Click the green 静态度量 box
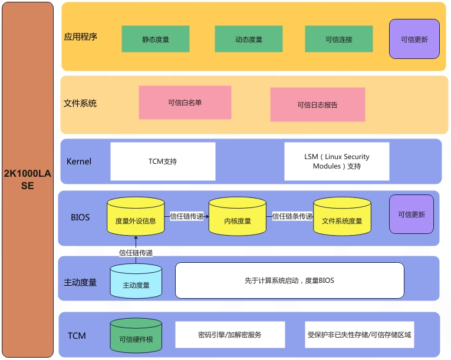tap(155, 39)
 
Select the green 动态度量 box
tap(249, 39)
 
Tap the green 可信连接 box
tap(339, 39)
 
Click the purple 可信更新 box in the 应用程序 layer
tap(414, 39)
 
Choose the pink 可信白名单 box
tap(185, 103)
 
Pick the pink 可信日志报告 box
tap(318, 105)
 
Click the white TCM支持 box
tap(163, 161)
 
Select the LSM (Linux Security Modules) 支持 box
tap(337, 161)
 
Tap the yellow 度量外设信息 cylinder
tap(136, 216)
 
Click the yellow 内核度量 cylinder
tap(238, 216)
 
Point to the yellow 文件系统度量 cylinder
tap(342, 216)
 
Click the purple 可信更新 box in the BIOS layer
tap(412, 214)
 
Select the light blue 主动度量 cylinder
tap(136, 281)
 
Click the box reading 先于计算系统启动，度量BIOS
tap(289, 280)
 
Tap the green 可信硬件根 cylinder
tap(136, 335)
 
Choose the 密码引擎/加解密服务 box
tap(230, 335)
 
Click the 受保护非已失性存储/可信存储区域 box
tap(360, 335)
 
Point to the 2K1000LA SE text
tap(27, 180)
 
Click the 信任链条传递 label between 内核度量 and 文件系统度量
tap(292, 216)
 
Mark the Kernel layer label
tap(79, 161)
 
